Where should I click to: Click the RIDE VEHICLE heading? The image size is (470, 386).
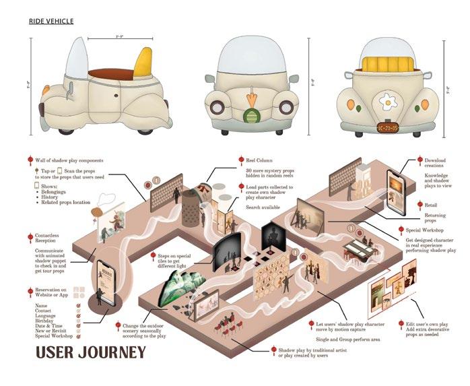pyautogui.click(x=51, y=22)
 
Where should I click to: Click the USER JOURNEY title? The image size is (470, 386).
pyautogui.click(x=90, y=352)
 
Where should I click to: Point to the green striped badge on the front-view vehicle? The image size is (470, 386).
pyautogui.click(x=250, y=117)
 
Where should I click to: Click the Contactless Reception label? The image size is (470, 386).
pyautogui.click(x=51, y=238)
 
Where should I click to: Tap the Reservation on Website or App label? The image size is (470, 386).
pyautogui.click(x=53, y=292)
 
